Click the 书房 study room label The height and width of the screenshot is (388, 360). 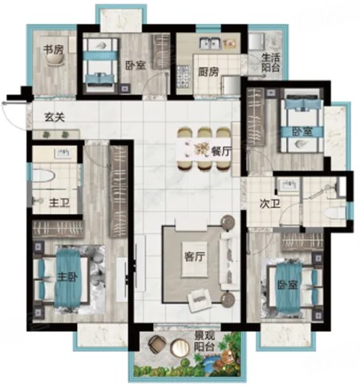(x=54, y=50)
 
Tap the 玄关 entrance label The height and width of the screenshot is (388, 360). (x=55, y=117)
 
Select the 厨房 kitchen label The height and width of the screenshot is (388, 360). (x=208, y=71)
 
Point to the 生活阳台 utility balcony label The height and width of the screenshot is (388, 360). (x=271, y=63)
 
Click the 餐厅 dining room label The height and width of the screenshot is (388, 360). (x=220, y=152)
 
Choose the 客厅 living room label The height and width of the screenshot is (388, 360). (x=195, y=257)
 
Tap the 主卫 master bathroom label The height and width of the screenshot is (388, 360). (x=59, y=203)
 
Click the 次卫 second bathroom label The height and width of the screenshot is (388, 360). (x=270, y=204)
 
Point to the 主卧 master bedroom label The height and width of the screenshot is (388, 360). (x=67, y=277)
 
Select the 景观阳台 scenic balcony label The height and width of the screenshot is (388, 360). (x=204, y=342)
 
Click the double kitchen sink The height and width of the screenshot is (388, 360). (x=209, y=43)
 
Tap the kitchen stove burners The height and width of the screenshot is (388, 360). (x=183, y=77)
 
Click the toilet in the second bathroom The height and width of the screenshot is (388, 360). (x=336, y=213)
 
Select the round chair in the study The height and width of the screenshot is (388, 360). (x=55, y=61)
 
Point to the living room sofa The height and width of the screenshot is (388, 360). (x=227, y=261)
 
